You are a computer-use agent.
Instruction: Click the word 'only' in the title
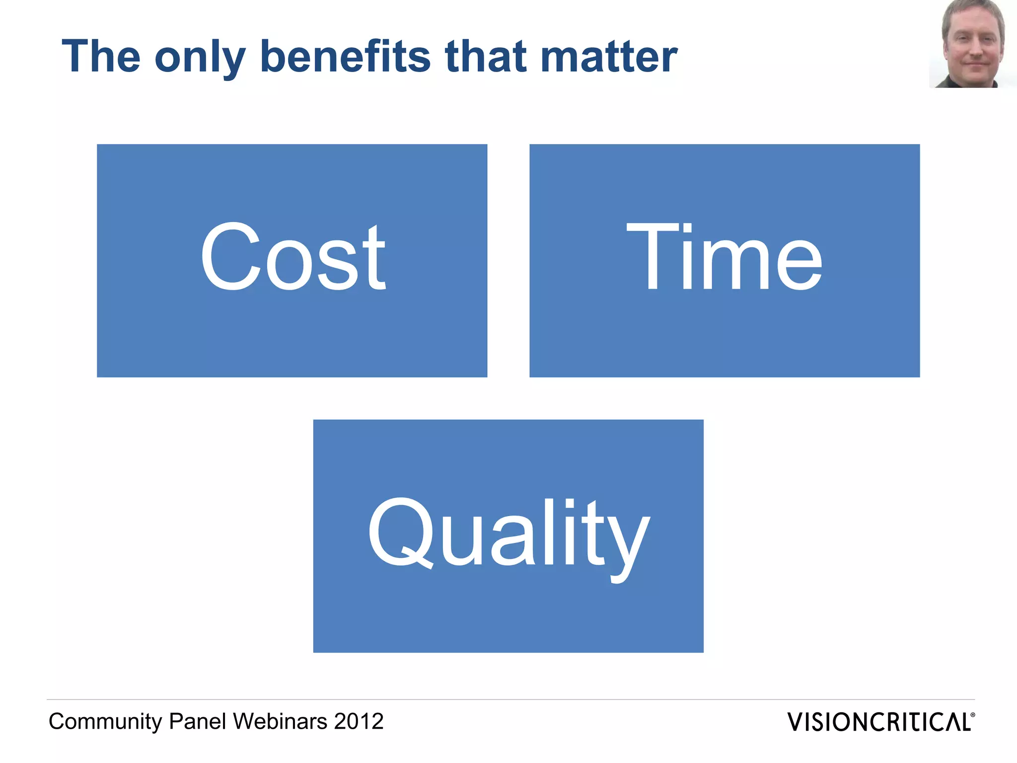coord(200,58)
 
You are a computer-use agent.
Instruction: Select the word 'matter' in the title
coord(609,57)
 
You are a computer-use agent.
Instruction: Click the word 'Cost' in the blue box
coord(292,257)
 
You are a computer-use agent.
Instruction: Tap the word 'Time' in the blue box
coord(725,257)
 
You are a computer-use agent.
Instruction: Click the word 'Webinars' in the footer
coord(280,721)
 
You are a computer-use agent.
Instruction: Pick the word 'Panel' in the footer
coord(198,721)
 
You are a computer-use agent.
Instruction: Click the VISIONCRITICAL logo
coord(879,722)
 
